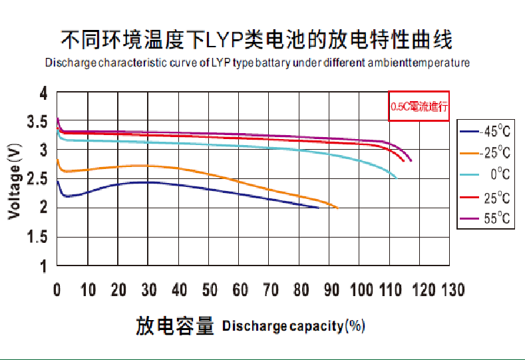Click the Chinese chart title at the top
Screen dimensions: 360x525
click(256, 40)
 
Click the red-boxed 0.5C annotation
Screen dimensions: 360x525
click(419, 106)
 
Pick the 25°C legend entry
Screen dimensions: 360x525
click(488, 198)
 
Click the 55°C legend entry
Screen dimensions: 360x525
click(488, 219)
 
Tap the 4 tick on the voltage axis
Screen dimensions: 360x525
click(44, 94)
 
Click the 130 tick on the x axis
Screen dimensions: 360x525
click(452, 291)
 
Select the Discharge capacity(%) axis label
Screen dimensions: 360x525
click(293, 327)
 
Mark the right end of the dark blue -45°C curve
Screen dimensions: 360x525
click(318, 208)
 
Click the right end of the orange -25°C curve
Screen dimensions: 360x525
click(337, 208)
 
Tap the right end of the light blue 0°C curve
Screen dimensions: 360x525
click(396, 178)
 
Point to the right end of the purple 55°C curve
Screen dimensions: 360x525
click(411, 160)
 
